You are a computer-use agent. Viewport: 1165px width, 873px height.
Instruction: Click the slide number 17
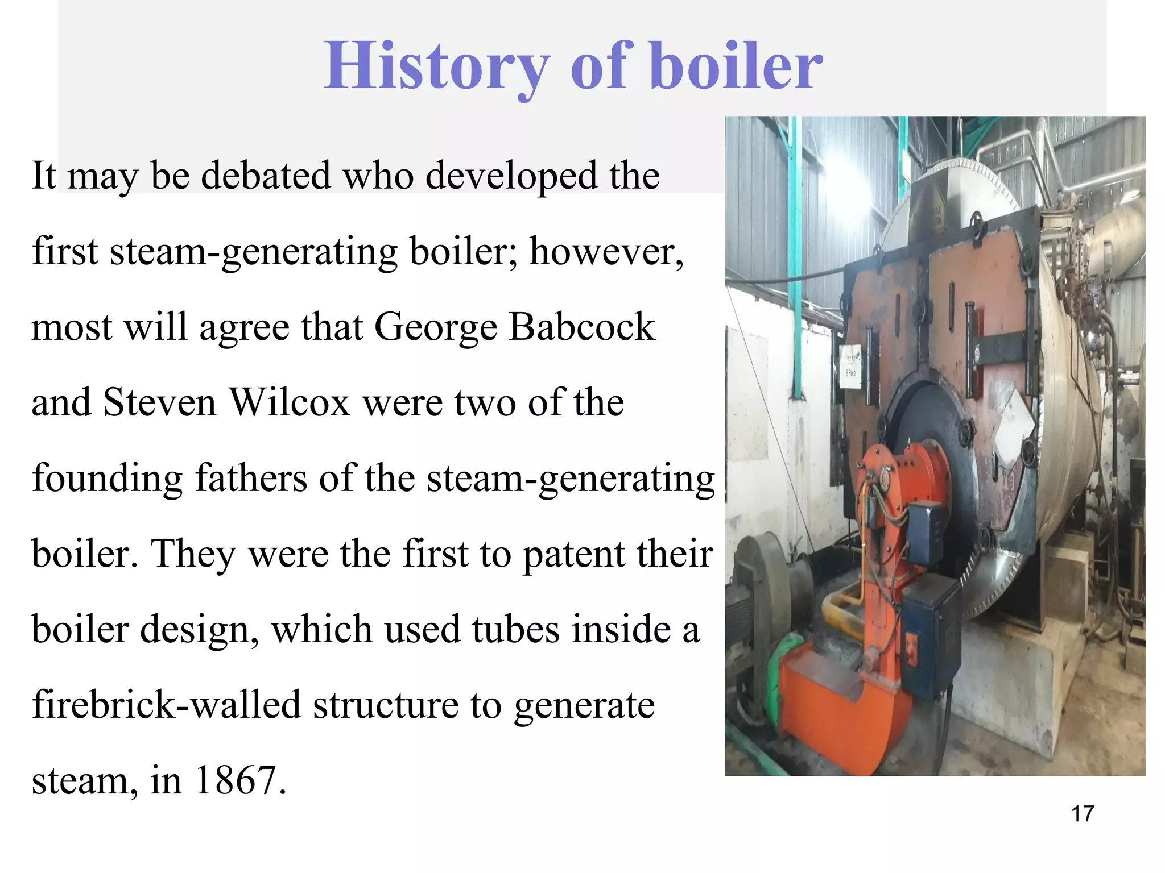coord(1082,814)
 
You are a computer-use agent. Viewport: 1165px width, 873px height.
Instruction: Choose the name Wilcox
coord(289,402)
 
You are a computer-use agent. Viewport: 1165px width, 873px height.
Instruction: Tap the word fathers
coord(250,477)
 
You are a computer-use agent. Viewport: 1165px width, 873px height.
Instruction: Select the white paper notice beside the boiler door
coord(851,367)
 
